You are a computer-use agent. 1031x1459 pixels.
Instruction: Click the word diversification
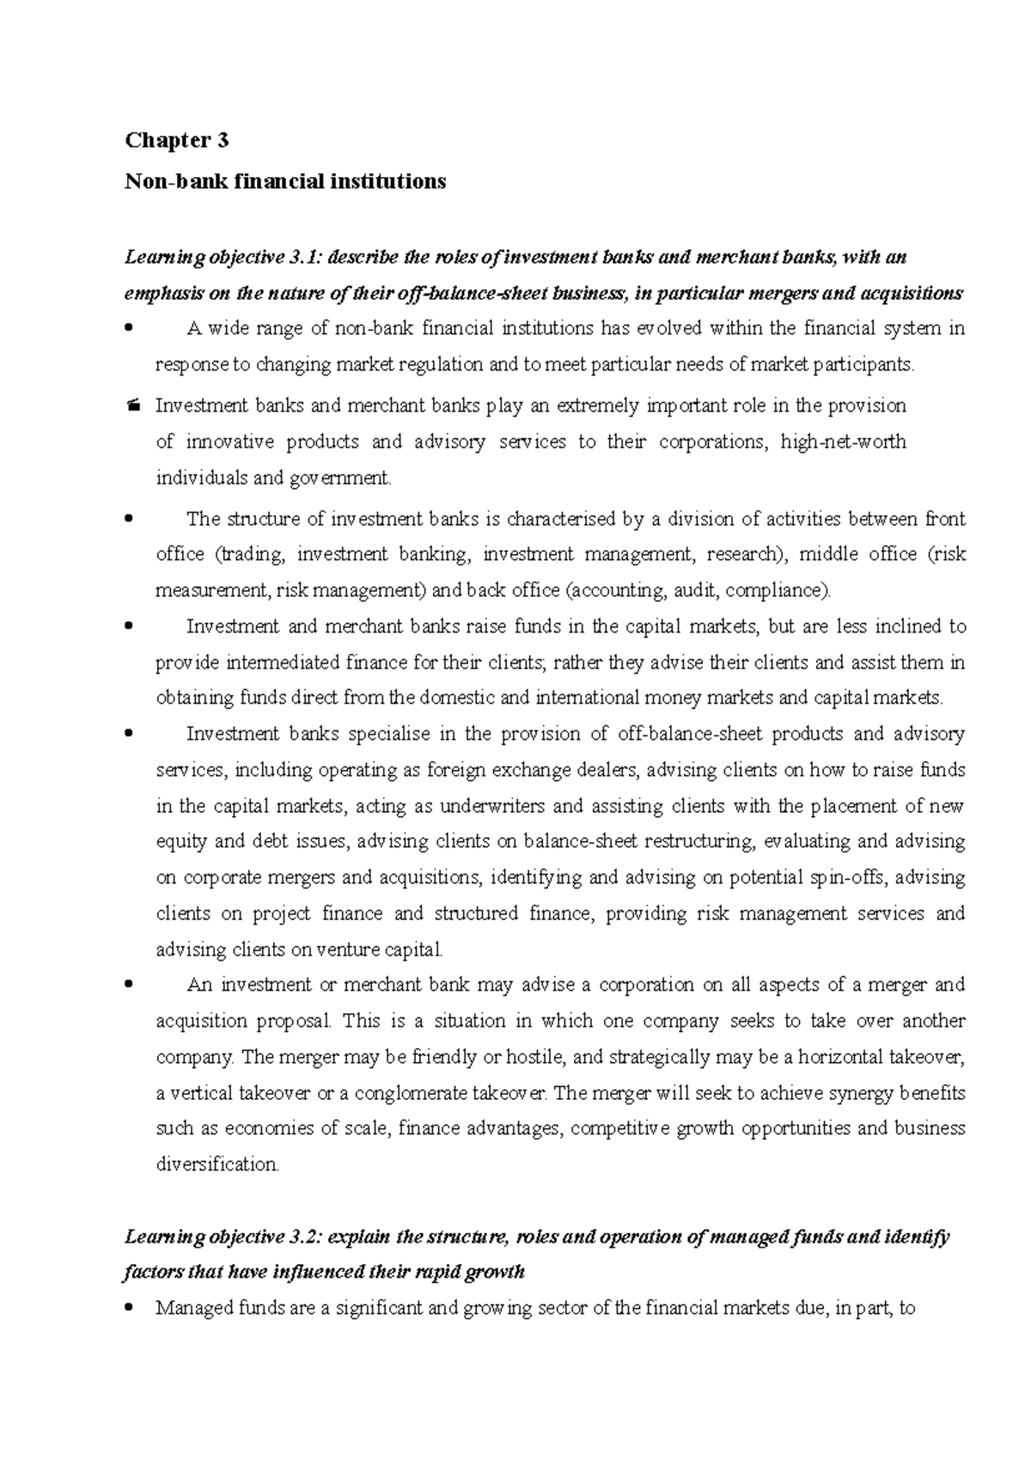pos(217,1165)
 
